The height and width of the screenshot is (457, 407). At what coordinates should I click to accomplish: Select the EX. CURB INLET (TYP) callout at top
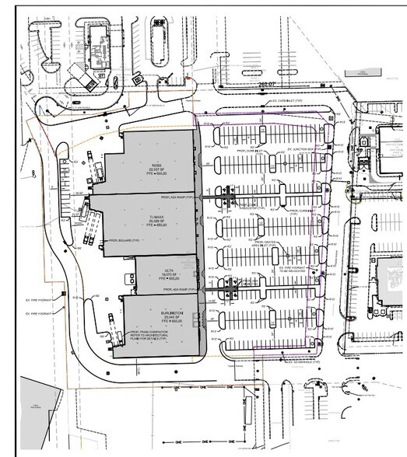click(287, 101)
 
